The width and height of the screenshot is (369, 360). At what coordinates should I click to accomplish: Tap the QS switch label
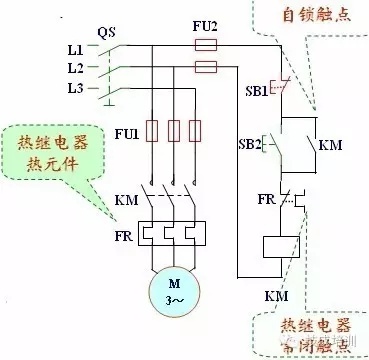click(x=107, y=30)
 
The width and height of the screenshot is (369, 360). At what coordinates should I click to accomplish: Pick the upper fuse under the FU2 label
click(x=206, y=46)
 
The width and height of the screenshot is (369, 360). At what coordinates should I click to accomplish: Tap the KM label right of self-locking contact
click(x=331, y=145)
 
